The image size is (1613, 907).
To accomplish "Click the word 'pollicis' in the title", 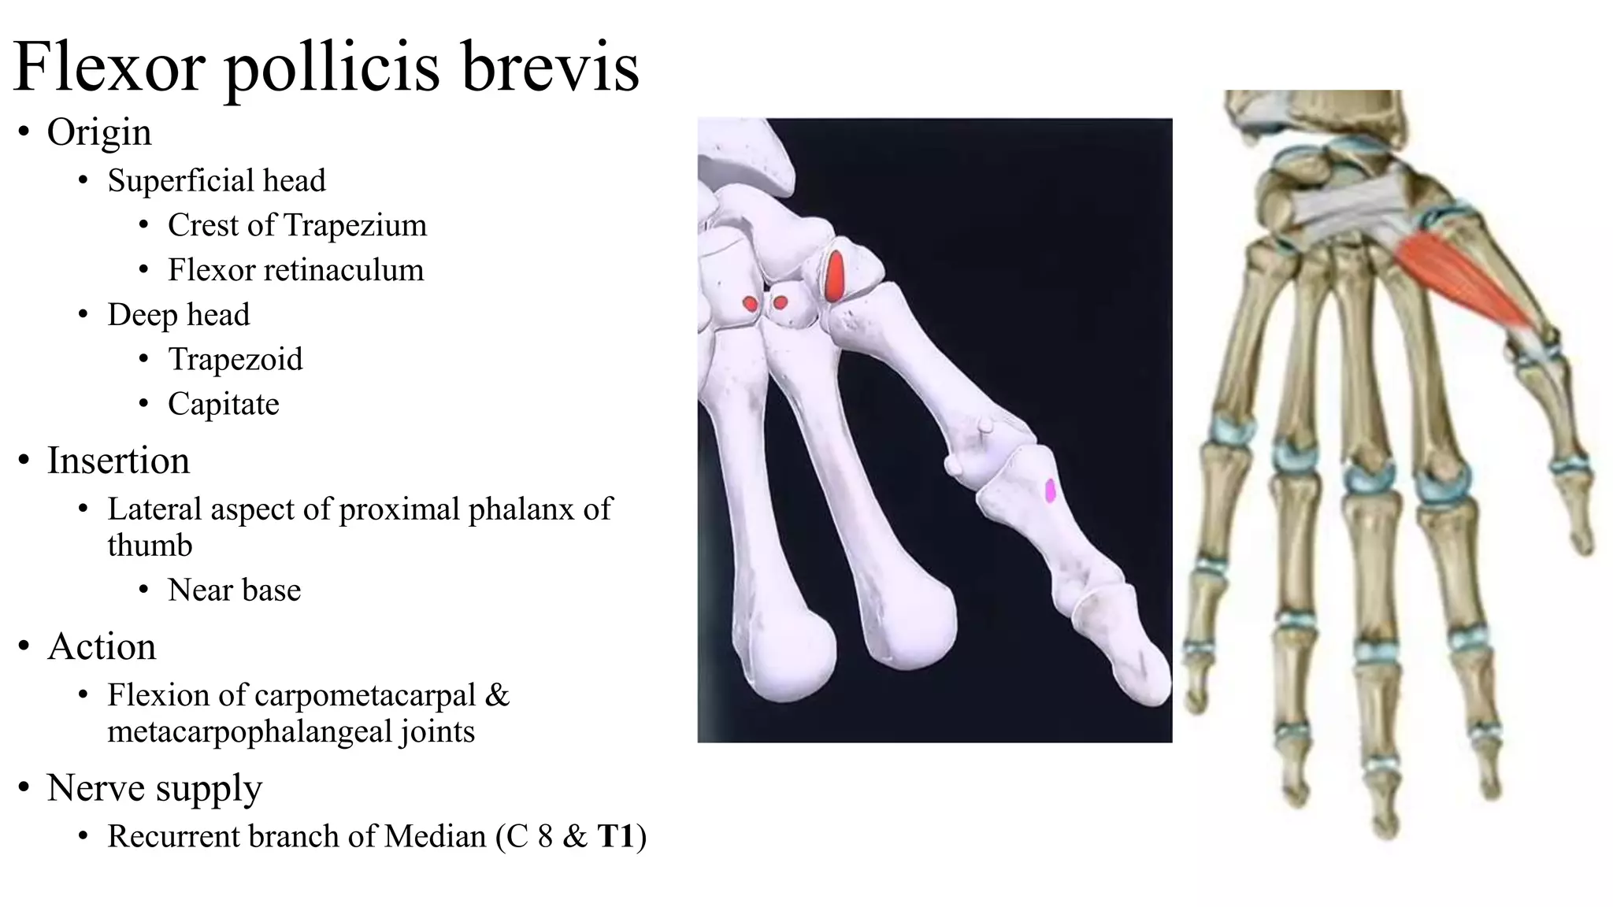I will click(332, 68).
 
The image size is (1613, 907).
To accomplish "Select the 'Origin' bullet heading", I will click(99, 132).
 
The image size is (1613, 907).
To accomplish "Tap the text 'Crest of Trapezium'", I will click(297, 225).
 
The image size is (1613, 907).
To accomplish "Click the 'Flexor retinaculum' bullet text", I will click(295, 270).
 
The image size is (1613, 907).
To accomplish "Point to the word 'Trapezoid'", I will click(235, 360).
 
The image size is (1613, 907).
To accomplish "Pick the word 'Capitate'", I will click(224, 405).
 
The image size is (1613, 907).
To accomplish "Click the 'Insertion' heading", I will click(118, 461).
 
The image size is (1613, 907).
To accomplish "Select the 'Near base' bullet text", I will click(234, 590).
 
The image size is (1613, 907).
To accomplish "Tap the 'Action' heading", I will click(102, 646).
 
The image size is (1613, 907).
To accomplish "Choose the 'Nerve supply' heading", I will click(154, 788).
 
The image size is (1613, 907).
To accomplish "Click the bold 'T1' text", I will click(616, 836).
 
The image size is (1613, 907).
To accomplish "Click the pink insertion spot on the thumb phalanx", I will click(1050, 491).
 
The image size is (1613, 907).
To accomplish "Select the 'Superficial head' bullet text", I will click(217, 181).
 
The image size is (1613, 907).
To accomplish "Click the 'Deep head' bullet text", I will click(179, 315).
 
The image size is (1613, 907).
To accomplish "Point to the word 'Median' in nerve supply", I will click(435, 836).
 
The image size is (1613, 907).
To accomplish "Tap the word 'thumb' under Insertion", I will click(150, 546).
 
